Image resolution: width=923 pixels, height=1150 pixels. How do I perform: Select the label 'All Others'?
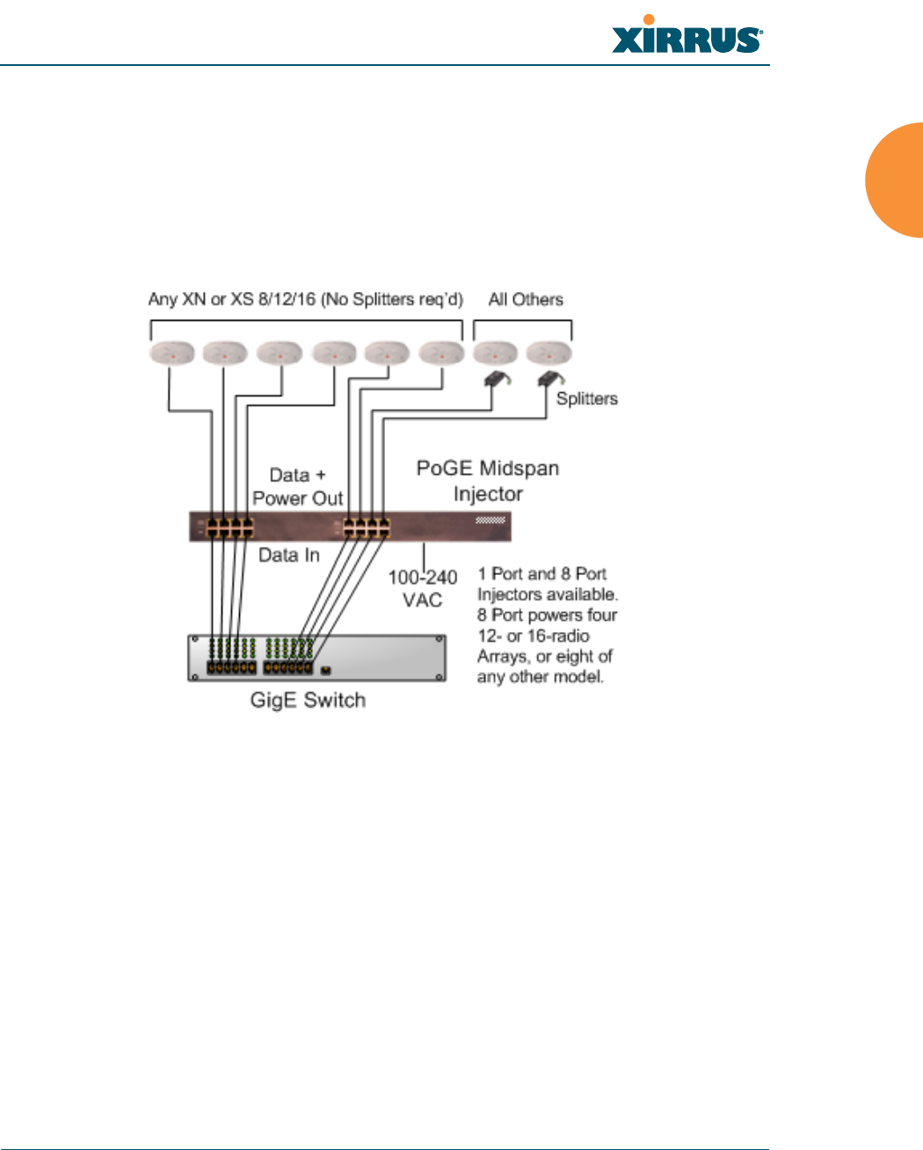[526, 300]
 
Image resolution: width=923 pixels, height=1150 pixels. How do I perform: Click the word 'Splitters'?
[586, 398]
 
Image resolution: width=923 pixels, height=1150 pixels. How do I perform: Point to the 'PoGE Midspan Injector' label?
[488, 481]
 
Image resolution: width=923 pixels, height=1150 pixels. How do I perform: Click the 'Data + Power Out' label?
[297, 487]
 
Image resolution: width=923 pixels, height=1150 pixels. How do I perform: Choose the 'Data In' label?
[288, 556]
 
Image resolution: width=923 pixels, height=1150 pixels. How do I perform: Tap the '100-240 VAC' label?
[423, 588]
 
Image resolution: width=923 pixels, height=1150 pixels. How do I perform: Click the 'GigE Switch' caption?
[308, 701]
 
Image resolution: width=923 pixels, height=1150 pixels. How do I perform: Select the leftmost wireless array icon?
[171, 353]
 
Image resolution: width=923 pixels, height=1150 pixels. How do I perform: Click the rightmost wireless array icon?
[549, 353]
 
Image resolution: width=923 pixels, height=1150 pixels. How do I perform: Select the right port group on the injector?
[367, 528]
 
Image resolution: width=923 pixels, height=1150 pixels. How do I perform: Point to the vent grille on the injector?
[490, 520]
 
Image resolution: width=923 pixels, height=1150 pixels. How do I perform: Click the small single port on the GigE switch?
[326, 671]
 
